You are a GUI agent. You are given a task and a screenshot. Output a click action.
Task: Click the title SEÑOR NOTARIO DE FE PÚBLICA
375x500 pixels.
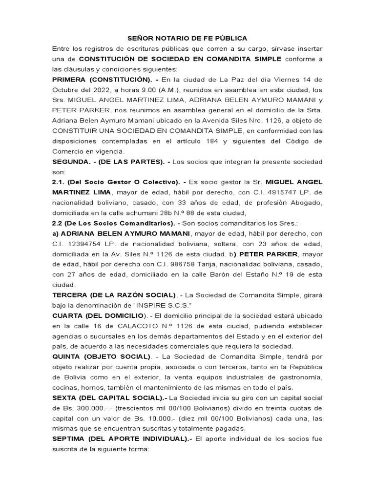coord(187,38)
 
